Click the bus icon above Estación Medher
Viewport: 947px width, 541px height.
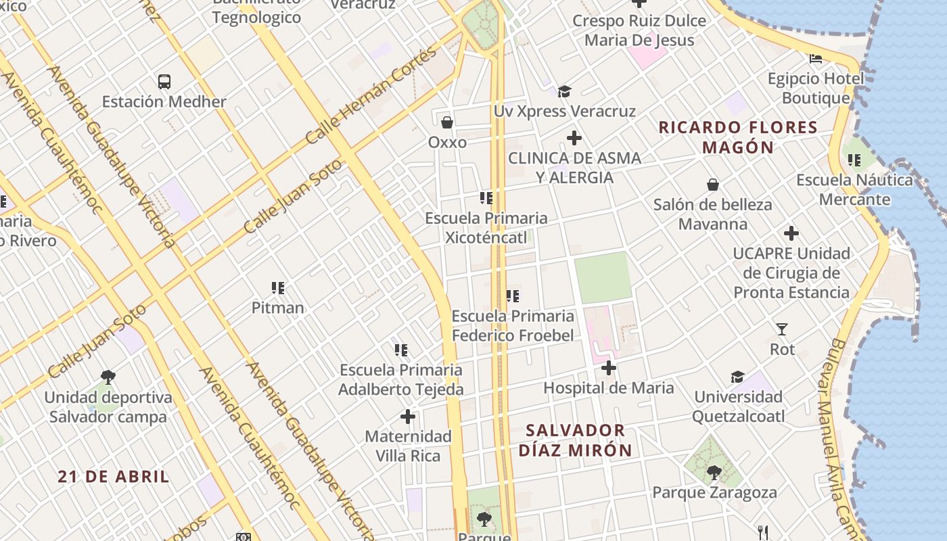pos(164,82)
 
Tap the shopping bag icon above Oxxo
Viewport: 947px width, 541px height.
pos(446,122)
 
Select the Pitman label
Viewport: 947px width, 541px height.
pos(277,308)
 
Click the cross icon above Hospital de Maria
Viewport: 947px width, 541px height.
pos(608,368)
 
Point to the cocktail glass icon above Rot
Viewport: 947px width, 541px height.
pos(782,329)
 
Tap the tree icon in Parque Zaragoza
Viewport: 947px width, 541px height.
pos(714,472)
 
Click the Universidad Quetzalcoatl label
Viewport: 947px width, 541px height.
pos(738,406)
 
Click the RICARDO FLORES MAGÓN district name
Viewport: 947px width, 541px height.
pos(738,137)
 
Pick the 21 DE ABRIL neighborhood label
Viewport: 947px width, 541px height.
pos(113,476)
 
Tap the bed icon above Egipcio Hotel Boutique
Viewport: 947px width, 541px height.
pos(816,59)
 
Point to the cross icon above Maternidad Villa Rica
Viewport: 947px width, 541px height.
pos(407,417)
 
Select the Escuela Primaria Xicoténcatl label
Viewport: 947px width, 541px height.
pos(486,228)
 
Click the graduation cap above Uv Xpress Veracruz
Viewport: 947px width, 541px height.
pos(564,91)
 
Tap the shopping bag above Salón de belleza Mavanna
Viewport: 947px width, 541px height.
pos(712,185)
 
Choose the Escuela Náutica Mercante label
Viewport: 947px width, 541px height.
pos(854,190)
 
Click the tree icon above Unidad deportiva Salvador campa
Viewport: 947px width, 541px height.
pos(108,377)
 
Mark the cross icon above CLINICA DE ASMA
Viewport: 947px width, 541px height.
pos(574,139)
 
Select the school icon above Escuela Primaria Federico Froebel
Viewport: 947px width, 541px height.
pos(513,296)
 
